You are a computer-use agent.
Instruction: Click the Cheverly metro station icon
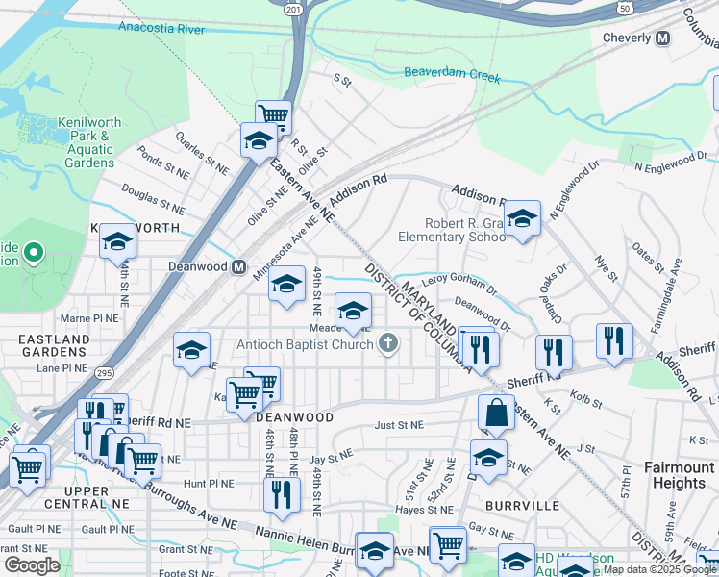point(689,38)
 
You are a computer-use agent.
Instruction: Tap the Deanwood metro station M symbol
point(237,266)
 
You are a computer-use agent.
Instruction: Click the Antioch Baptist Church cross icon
point(388,343)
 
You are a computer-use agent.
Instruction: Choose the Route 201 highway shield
point(293,8)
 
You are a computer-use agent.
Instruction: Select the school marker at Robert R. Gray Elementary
point(522,220)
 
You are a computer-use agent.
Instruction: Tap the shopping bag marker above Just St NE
point(496,414)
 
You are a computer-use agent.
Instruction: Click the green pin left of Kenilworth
point(34,254)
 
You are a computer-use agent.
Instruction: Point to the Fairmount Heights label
point(679,475)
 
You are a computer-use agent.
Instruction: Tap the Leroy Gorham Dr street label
point(459,286)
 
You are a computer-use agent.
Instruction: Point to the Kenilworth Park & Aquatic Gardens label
point(86,142)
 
